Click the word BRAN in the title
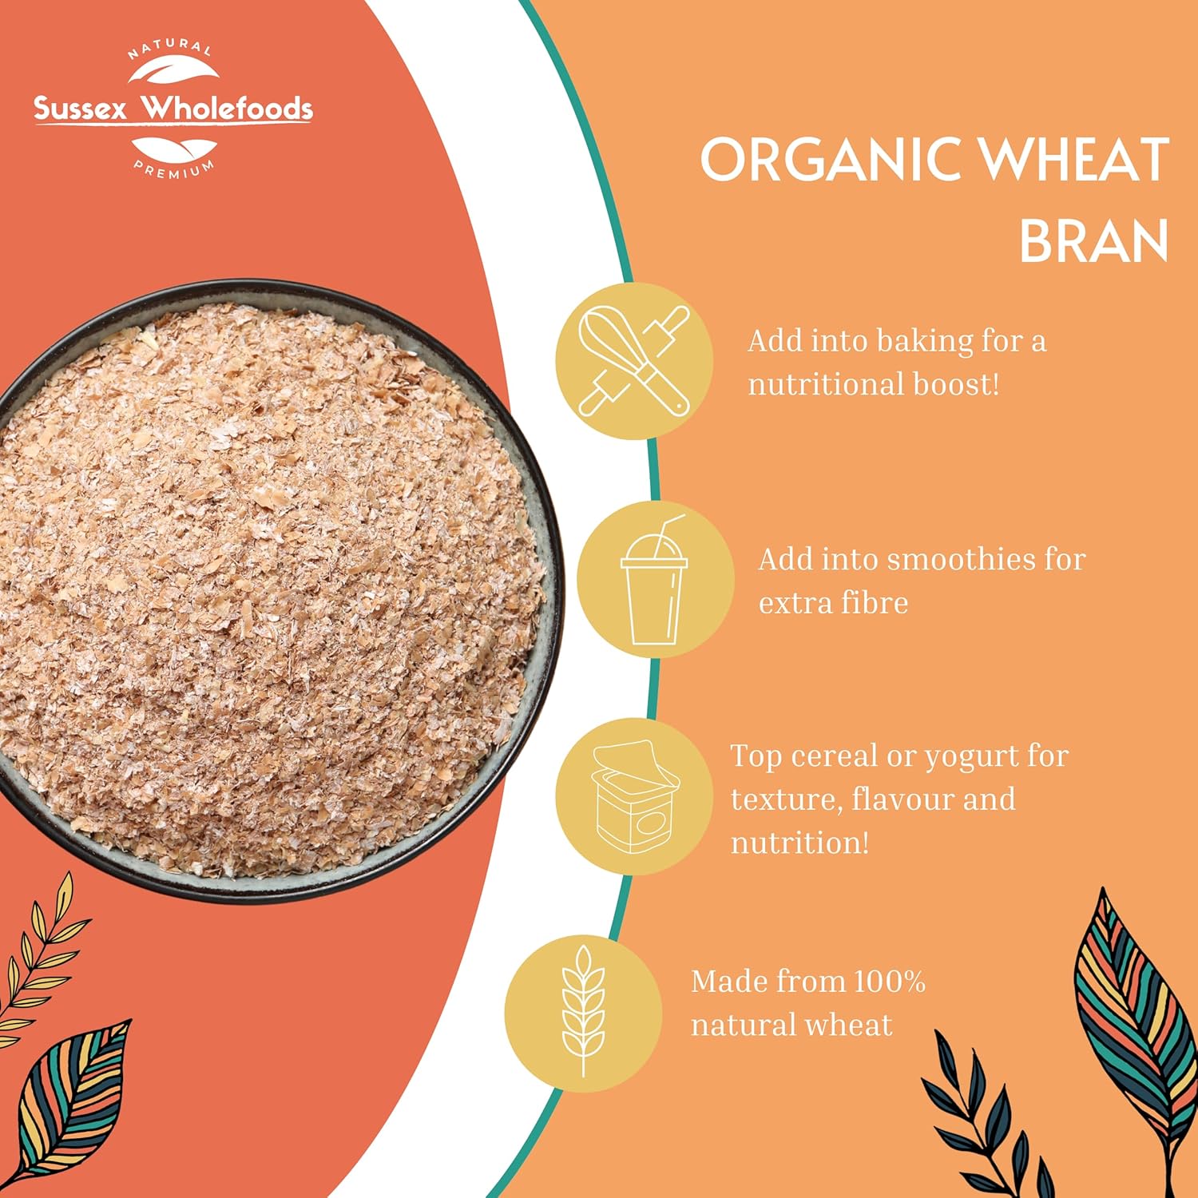click(1094, 240)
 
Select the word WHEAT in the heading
click(1075, 158)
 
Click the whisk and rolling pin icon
click(634, 360)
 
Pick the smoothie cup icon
click(654, 580)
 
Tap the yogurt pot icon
click(634, 797)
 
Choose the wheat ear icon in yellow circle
click(583, 1011)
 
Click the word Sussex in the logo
click(80, 109)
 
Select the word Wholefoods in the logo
click(226, 108)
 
